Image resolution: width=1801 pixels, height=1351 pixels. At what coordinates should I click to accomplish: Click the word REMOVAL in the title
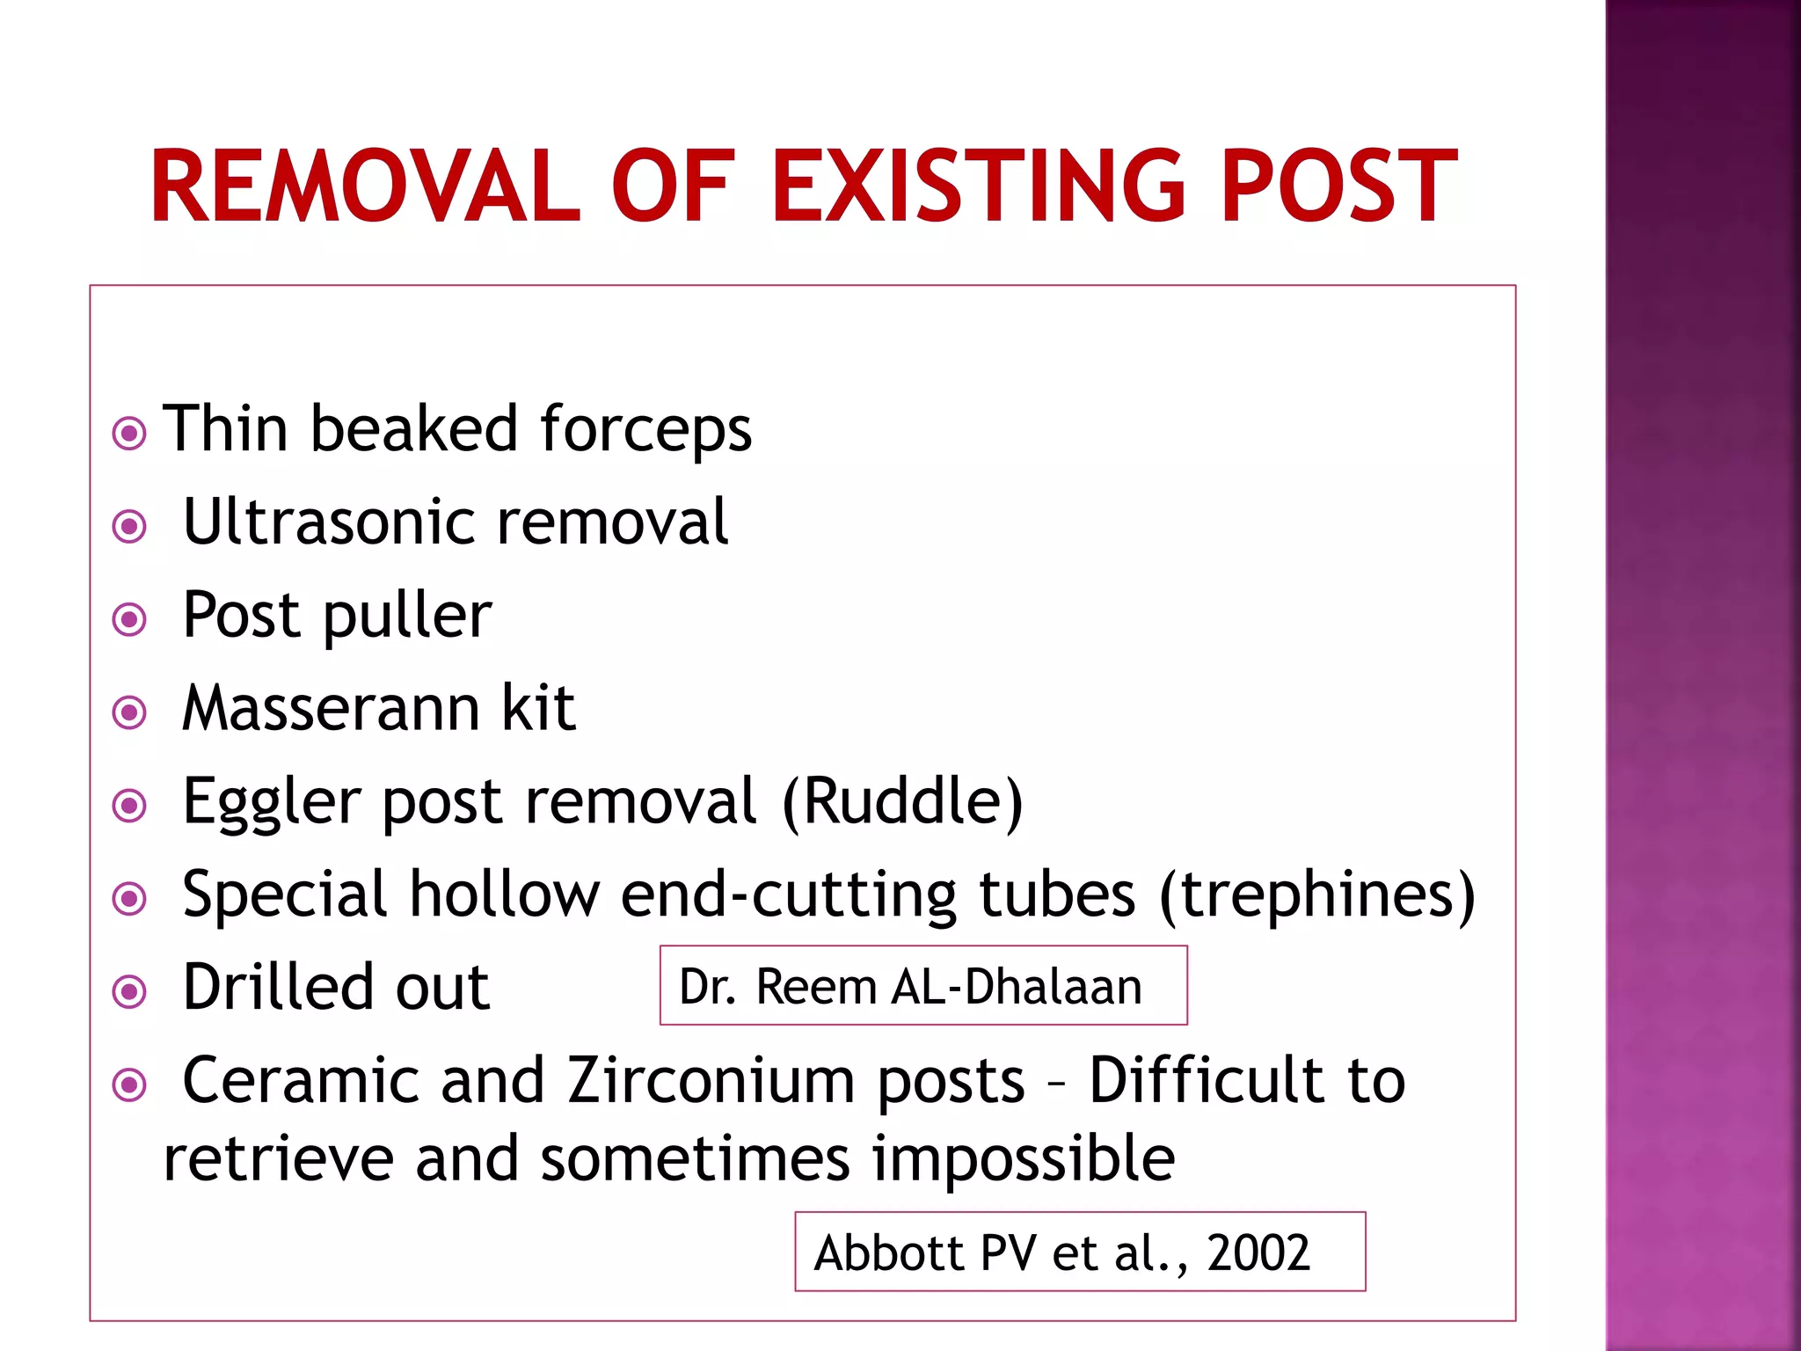tap(366, 186)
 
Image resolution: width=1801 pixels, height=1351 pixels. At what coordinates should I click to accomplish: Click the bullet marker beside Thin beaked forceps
tap(129, 434)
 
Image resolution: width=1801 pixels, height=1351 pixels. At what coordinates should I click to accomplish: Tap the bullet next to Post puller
tap(129, 619)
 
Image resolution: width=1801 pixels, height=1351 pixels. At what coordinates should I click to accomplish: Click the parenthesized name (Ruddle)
tap(902, 802)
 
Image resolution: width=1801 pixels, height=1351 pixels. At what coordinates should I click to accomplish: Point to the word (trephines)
tap(1316, 895)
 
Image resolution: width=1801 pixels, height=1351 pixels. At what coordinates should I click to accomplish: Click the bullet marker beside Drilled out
tap(129, 992)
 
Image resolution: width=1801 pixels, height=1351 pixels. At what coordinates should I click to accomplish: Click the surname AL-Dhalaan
tap(1016, 987)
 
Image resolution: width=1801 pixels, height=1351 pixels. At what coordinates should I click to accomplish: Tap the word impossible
tap(1024, 1158)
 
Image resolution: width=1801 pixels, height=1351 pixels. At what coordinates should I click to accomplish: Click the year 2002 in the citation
tap(1258, 1252)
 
